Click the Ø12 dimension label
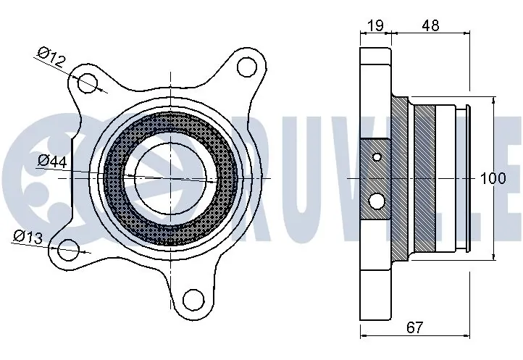(53, 57)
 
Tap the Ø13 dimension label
(29, 236)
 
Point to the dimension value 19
(375, 25)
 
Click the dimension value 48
(430, 25)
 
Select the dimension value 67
(414, 329)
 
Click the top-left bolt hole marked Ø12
(88, 81)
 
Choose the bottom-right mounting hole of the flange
(192, 298)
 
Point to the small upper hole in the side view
(376, 156)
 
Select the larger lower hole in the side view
(377, 200)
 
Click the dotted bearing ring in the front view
(116, 177)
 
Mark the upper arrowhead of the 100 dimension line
(494, 98)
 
